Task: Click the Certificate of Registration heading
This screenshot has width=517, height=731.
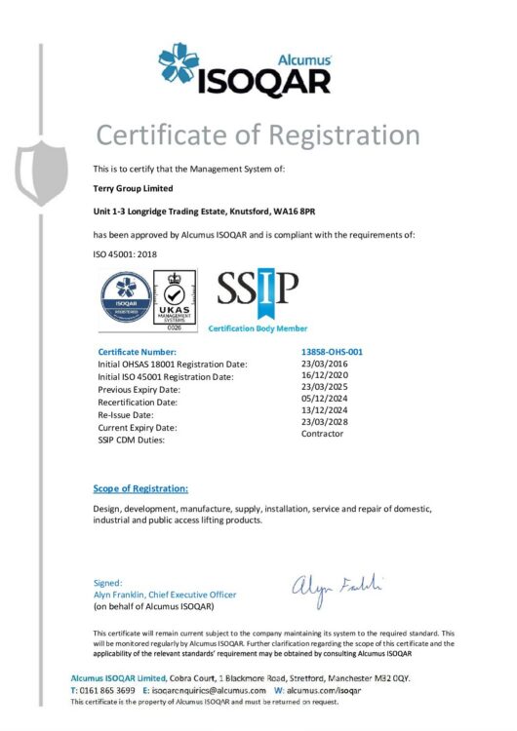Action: (258, 135)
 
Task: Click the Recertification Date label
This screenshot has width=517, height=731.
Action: (138, 402)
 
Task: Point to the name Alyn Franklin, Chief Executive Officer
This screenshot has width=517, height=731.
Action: (164, 595)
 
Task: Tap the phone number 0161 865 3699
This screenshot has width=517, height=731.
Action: (108, 690)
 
